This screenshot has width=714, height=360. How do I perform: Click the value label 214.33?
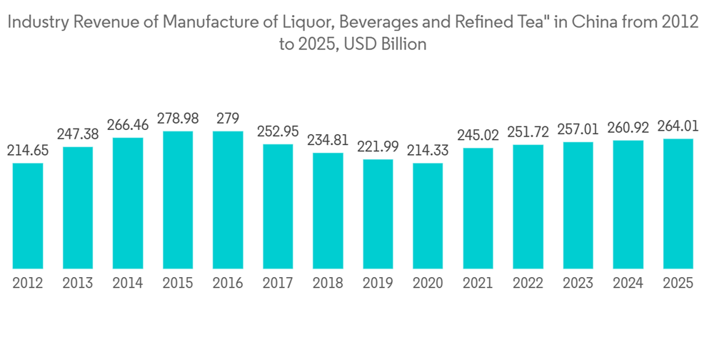[428, 151]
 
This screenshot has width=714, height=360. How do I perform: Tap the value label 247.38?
[78, 134]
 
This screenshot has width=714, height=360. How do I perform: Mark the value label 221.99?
[378, 146]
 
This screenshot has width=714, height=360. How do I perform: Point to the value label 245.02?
[478, 135]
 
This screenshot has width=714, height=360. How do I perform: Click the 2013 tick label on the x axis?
[78, 284]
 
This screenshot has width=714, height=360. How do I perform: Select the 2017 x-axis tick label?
[278, 284]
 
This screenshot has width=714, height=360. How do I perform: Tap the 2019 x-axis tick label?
[378, 284]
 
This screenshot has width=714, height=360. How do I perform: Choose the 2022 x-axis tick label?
[528, 284]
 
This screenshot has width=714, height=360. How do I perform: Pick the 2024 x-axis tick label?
[628, 284]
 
